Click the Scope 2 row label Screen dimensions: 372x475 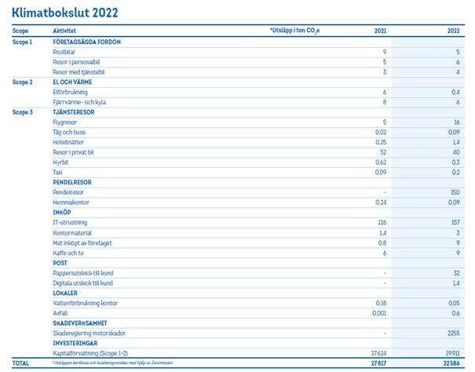click(23, 81)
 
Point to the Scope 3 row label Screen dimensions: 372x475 click(23, 111)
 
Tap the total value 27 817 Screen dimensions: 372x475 click(378, 364)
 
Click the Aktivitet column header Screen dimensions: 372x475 click(53, 31)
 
